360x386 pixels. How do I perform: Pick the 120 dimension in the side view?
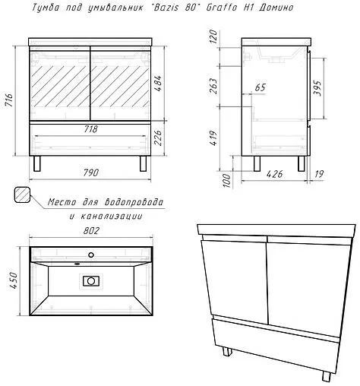[x=214, y=37]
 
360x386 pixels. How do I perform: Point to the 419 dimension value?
[x=214, y=138]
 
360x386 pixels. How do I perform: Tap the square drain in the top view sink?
[x=90, y=281]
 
